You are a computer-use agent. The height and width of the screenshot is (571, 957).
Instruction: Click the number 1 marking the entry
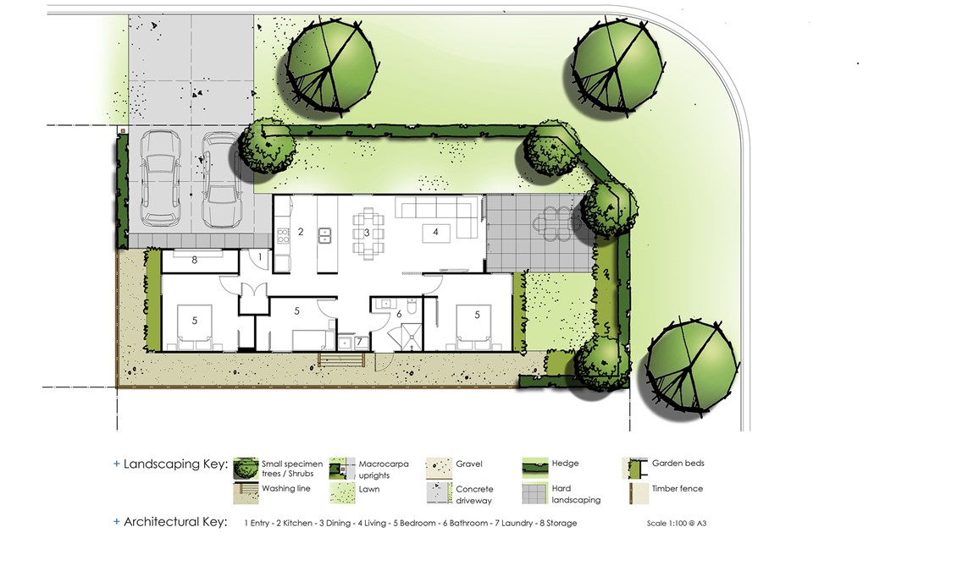[x=260, y=257]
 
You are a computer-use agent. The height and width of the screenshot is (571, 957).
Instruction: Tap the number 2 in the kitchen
[x=301, y=232]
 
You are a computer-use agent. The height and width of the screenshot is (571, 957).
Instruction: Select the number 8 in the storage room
[x=195, y=261]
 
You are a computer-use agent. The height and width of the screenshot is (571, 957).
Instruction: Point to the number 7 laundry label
[x=359, y=342]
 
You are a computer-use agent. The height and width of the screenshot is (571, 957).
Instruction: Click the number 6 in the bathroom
[x=399, y=314]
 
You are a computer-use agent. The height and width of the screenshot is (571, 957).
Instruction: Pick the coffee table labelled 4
[x=435, y=233]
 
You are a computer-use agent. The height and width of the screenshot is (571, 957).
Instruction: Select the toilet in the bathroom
[x=412, y=306]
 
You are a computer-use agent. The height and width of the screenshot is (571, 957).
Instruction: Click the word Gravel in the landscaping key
[x=468, y=464]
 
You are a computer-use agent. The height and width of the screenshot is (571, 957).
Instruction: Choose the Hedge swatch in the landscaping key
[x=534, y=468]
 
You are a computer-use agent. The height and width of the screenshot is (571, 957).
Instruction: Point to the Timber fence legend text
[x=677, y=488]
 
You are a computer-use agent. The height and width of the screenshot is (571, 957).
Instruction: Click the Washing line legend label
[x=286, y=488]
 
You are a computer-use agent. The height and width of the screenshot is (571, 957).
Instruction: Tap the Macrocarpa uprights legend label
[x=384, y=469]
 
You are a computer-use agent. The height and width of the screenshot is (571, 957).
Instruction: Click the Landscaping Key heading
[x=175, y=464]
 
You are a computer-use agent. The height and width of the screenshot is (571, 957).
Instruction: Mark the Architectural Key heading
[x=175, y=522]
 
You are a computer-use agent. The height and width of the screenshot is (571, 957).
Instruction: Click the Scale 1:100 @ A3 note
[x=676, y=523]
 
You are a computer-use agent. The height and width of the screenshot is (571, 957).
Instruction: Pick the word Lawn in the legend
[x=368, y=489]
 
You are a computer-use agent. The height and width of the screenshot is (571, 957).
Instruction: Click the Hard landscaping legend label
[x=576, y=494]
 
